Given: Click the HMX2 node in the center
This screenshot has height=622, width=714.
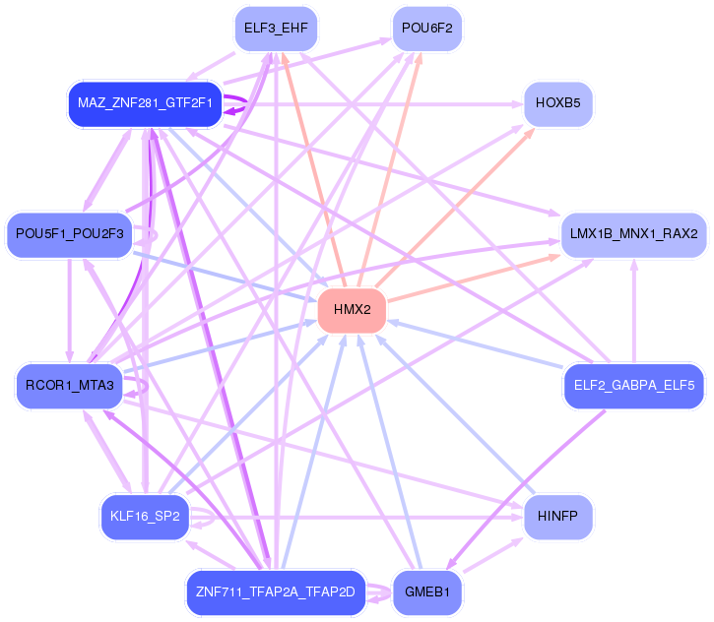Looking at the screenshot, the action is coord(352,310).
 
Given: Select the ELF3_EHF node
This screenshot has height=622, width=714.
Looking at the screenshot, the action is coord(276,28).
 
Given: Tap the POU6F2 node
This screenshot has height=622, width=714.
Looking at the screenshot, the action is coord(427,28).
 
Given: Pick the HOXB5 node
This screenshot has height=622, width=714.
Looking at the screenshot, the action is coord(558,102).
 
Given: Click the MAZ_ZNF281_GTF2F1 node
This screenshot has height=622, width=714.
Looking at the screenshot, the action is coord(144,102).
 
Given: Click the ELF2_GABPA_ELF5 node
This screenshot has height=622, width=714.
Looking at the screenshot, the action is coord(634,385).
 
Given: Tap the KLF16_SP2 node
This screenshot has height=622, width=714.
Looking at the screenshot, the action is coord(144,516).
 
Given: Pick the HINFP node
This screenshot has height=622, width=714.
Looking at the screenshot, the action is coord(558,516).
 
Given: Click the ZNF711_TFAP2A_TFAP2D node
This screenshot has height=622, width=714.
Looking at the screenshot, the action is coord(276,591).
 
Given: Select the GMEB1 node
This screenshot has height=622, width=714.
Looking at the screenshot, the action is coord(427,591).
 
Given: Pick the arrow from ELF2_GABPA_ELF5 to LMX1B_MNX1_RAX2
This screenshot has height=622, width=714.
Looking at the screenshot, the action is coord(633,305).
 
